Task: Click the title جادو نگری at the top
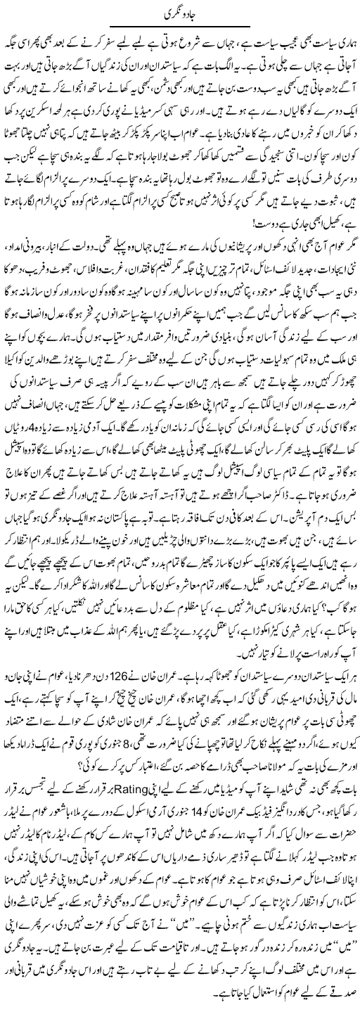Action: pyautogui.click(x=181, y=13)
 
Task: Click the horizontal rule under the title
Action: pyautogui.click(x=181, y=25)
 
